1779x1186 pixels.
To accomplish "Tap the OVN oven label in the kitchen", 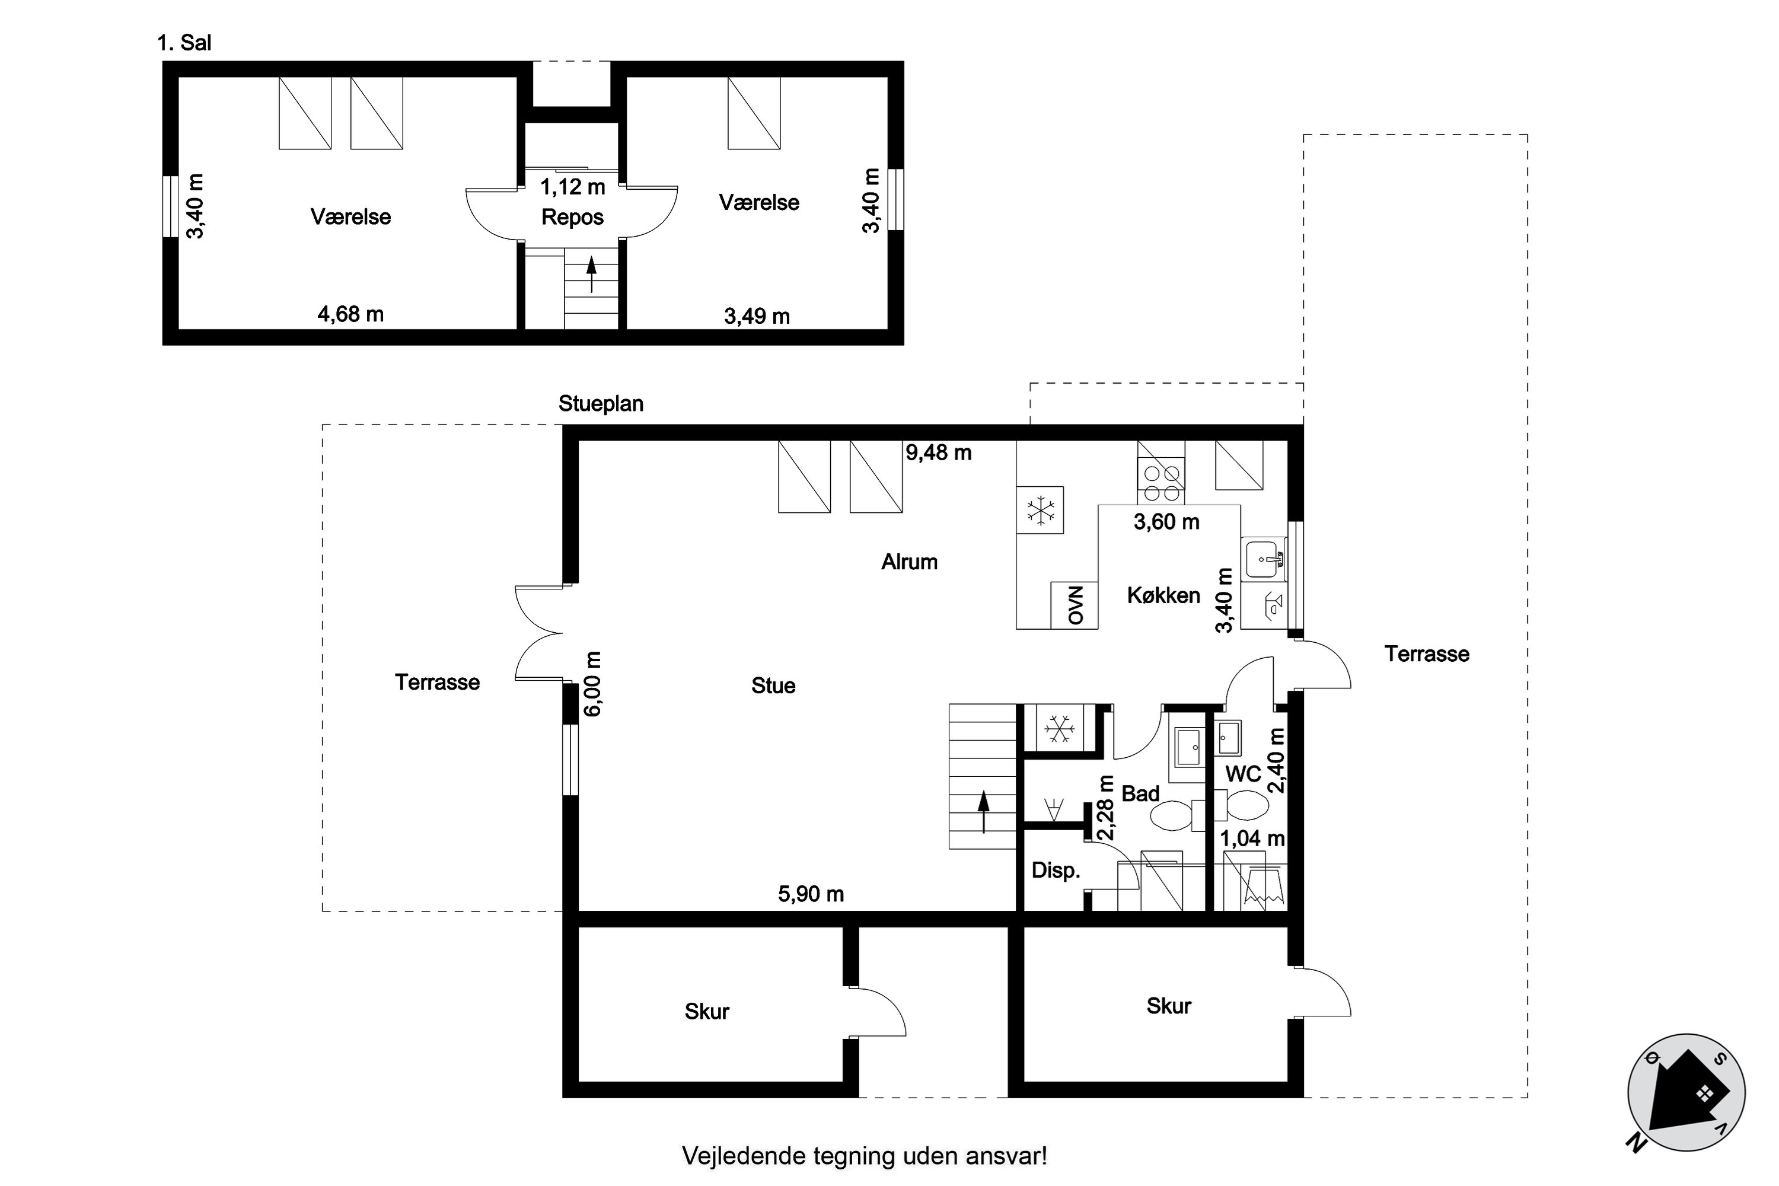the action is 1075,605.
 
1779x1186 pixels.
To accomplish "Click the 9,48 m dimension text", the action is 939,452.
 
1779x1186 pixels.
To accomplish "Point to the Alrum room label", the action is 909,562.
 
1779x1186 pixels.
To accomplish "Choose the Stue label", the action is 773,686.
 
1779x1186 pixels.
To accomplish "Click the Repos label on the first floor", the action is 573,217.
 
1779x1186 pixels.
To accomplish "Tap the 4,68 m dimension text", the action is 351,314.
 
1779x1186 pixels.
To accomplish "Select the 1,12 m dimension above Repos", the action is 573,186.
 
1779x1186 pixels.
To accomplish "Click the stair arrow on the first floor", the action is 591,275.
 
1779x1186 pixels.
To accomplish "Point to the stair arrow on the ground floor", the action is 983,812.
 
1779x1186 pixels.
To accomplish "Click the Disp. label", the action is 1056,871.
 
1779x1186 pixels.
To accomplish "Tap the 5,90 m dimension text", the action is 811,894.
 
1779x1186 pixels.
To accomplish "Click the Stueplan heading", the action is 601,404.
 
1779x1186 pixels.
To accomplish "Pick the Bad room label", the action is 1140,793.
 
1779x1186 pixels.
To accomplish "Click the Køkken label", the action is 1163,595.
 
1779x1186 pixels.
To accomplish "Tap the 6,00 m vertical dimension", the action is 593,684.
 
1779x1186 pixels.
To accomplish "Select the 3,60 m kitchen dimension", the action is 1166,521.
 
